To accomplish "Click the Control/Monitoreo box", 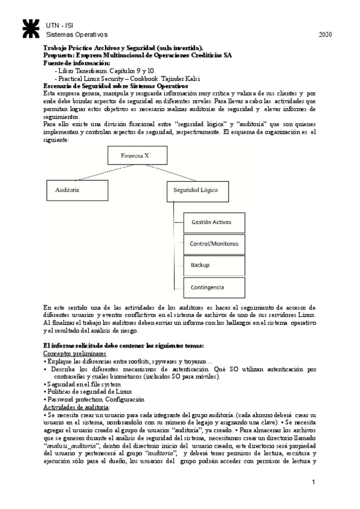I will point(214,244).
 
